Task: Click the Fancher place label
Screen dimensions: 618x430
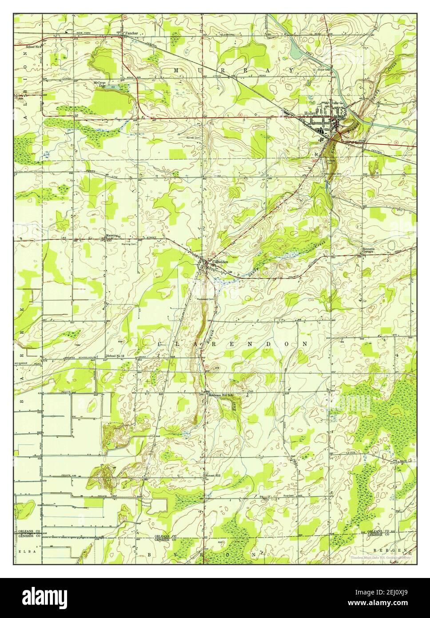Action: point(132,33)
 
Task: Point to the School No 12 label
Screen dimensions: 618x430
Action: point(116,357)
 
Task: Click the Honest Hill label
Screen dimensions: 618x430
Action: point(212,475)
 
